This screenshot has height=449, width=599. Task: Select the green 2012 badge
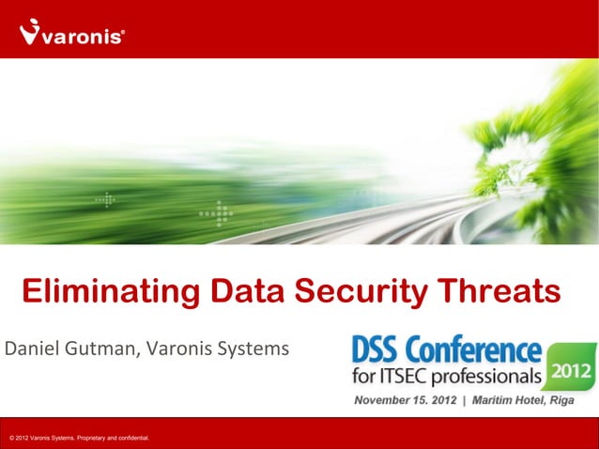(572, 371)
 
